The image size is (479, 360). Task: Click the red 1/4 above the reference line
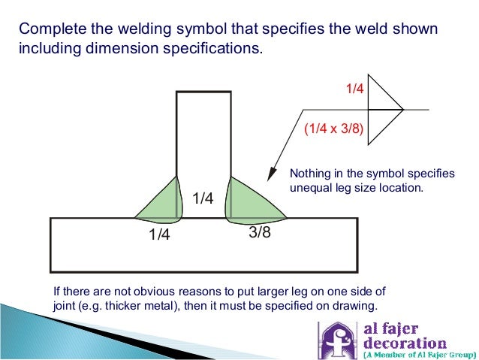354,89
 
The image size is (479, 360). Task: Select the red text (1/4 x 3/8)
334,129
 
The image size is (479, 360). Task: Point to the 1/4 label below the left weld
159,235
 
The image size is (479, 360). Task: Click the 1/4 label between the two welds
203,198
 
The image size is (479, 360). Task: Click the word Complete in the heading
47,29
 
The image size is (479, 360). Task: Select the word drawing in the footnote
354,307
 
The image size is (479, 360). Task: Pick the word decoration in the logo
405,343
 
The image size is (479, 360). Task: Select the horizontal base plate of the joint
203,252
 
